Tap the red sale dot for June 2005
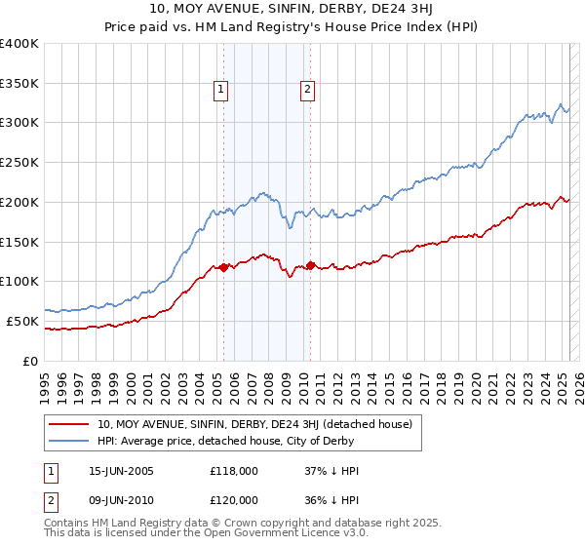pos(223,266)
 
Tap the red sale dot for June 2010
pos(310,264)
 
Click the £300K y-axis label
pos(19,123)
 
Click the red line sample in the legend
pos(70,424)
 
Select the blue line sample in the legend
pos(70,440)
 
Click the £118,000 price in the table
pos(234,470)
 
